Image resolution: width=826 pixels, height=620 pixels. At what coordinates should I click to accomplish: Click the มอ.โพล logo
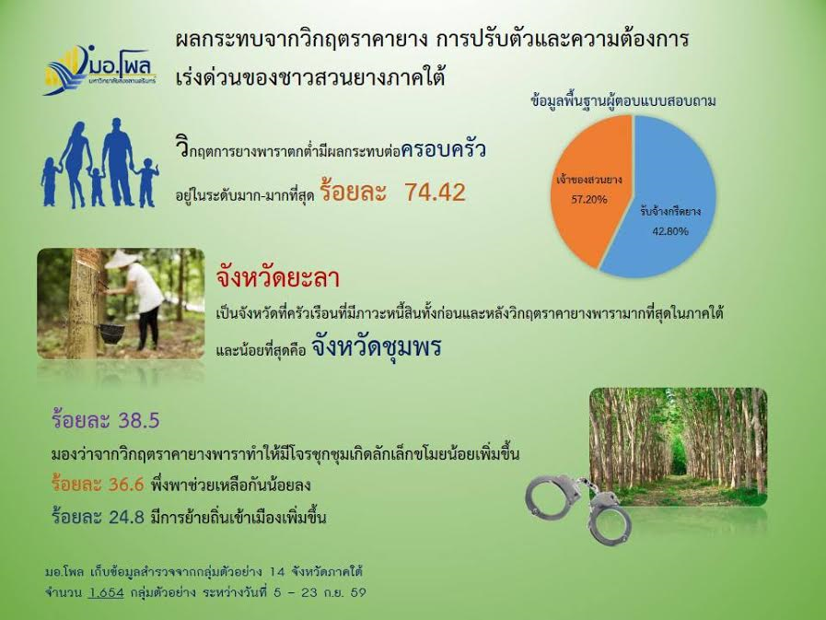click(99, 70)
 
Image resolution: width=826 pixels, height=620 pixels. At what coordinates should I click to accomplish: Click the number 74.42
click(436, 193)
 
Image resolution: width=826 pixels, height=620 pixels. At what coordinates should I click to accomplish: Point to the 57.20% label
click(589, 199)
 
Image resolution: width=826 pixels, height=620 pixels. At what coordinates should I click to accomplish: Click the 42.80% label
click(670, 231)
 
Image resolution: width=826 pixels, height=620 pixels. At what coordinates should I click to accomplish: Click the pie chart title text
click(623, 100)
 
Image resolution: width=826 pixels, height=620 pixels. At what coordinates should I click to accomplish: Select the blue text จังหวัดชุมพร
click(376, 347)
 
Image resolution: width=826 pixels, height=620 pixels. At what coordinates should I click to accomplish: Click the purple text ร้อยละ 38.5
click(105, 420)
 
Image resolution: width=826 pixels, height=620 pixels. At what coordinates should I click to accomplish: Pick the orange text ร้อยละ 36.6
click(98, 485)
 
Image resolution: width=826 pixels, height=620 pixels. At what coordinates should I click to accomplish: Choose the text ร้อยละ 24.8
click(98, 517)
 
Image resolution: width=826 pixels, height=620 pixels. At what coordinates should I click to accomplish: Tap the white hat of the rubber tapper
click(122, 259)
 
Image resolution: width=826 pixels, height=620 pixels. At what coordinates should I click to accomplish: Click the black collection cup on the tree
click(111, 333)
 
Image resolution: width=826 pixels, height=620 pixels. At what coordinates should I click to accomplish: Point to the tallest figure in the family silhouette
click(118, 161)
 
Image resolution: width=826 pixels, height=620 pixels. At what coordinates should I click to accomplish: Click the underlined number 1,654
click(107, 592)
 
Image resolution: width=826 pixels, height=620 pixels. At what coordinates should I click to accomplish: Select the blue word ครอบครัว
click(443, 150)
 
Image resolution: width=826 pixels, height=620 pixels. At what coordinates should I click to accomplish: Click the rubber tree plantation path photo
click(678, 447)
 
